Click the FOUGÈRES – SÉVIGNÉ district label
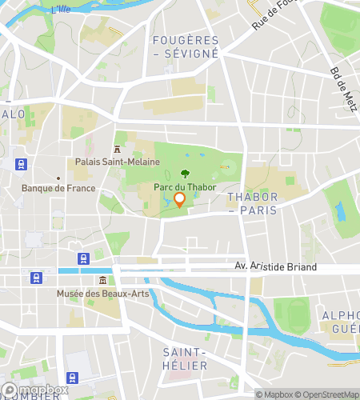tap(185, 46)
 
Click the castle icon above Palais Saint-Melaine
tap(118, 149)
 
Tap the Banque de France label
tap(58, 189)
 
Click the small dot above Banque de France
tap(58, 178)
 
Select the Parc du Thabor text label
tap(185, 187)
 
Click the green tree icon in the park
tap(186, 172)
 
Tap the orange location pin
tap(180, 199)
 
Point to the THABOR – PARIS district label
tap(252, 203)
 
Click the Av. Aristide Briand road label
tap(276, 266)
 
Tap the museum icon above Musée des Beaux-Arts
tap(103, 280)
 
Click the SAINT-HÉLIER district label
tap(185, 358)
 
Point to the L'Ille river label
tap(61, 10)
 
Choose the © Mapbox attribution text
tap(275, 394)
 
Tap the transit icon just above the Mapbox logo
tap(73, 378)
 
